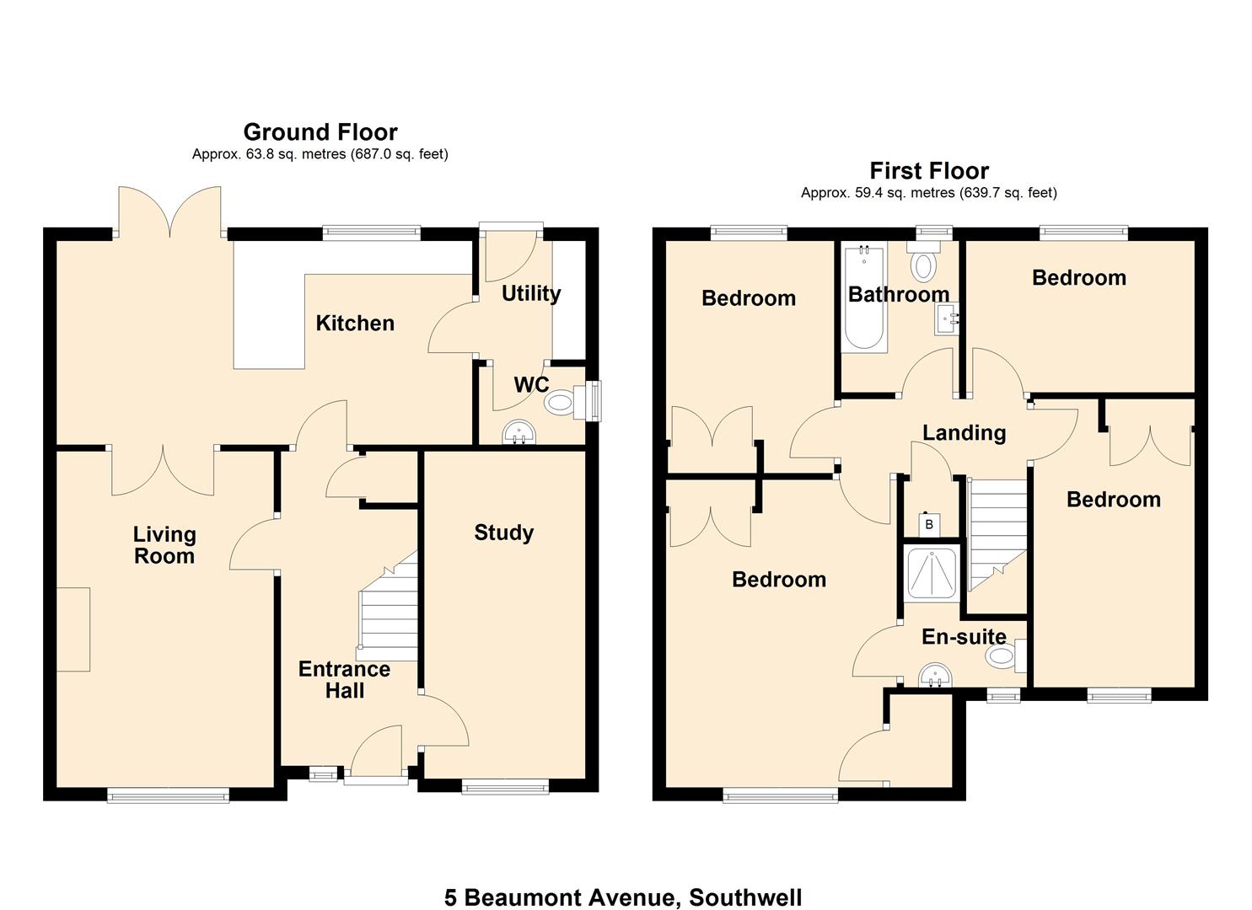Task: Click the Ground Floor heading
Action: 320,132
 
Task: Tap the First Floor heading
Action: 929,171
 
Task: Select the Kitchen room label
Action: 355,324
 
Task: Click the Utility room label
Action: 530,293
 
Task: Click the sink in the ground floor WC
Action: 519,434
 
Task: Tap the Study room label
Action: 503,533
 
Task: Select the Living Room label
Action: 164,545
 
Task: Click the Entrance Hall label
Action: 344,680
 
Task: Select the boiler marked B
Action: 929,525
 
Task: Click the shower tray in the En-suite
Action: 931,573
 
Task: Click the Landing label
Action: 964,433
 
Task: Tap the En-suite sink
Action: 934,676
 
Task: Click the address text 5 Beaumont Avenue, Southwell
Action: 623,897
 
